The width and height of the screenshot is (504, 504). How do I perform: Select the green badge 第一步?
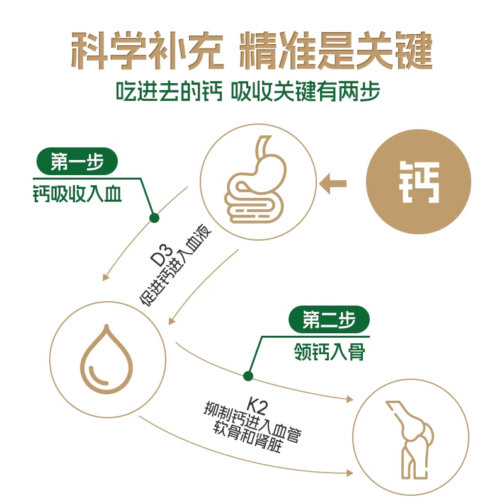(x=76, y=163)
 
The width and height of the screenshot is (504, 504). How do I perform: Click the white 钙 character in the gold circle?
(x=419, y=183)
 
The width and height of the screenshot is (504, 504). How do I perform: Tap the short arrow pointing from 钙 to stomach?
(x=333, y=183)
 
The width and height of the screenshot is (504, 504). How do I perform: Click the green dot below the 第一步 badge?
(x=153, y=217)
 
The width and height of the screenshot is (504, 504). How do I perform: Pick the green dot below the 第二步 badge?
(x=248, y=376)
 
